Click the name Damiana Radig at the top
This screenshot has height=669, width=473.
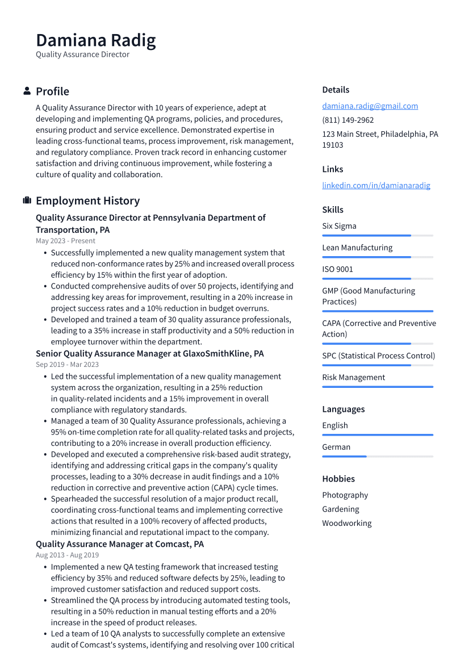tap(95, 40)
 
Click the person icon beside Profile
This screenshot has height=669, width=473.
tap(27, 91)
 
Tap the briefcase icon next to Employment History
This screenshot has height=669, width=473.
tap(27, 200)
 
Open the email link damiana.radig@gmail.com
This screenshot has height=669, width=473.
tap(370, 106)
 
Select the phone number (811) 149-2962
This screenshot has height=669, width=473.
tap(348, 120)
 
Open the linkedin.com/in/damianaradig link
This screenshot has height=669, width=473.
tap(376, 185)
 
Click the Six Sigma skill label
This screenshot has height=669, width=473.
tap(339, 226)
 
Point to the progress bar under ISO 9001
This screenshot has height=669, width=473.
tap(377, 279)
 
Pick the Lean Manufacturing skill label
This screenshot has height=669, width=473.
tap(357, 248)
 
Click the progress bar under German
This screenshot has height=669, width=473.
tap(377, 457)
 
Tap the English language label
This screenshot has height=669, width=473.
tap(335, 425)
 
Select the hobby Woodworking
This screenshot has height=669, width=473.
tap(346, 523)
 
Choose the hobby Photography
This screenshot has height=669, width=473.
tap(345, 495)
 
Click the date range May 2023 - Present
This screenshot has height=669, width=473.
tap(65, 241)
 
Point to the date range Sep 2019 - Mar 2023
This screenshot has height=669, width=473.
tap(67, 365)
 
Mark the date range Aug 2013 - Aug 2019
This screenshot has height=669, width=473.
tap(67, 555)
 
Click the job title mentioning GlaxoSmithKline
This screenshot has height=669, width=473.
tap(149, 353)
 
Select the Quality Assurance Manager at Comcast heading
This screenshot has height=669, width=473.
tap(119, 544)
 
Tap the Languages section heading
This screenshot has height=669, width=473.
tap(343, 409)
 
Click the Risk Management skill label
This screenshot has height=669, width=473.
tap(353, 377)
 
